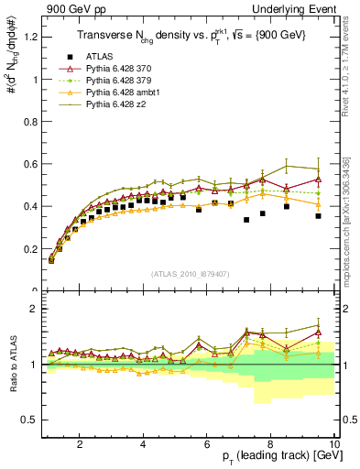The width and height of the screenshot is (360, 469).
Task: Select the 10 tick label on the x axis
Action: tap(333, 445)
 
